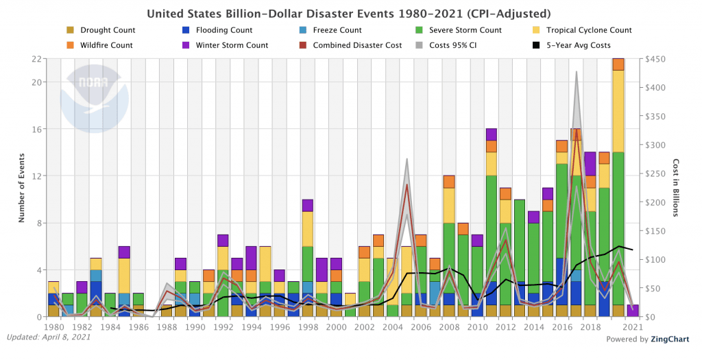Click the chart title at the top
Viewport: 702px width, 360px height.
349,14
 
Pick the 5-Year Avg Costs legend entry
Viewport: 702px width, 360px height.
571,45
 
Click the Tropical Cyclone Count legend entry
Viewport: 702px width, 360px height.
581,30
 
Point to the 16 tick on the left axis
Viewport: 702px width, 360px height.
38,129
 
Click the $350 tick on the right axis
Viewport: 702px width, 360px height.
655,117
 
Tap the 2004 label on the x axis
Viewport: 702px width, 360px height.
393,327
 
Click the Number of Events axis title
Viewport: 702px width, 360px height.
21,188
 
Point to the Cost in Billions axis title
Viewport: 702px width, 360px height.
676,188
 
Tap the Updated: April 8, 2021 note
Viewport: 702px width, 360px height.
49,337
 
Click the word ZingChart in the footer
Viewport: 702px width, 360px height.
670,339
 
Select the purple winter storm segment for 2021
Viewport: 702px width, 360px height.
633,311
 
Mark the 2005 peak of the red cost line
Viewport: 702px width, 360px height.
407,184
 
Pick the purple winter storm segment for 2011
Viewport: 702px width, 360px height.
492,135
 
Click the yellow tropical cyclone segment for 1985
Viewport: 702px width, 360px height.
125,276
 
